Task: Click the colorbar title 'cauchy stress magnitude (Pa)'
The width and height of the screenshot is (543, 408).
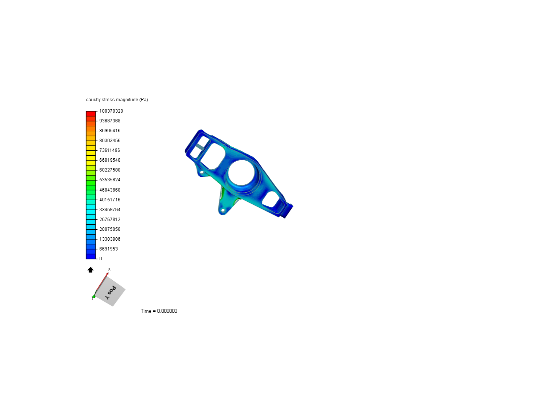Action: [117, 100]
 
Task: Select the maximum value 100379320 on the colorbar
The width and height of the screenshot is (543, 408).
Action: [111, 111]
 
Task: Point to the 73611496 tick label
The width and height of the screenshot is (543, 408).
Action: [109, 150]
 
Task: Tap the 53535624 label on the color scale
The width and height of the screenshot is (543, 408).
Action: [110, 180]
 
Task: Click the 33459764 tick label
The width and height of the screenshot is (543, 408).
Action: [110, 210]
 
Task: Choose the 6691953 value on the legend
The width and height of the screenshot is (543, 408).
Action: [109, 249]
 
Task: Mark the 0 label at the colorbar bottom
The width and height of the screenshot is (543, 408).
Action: [101, 259]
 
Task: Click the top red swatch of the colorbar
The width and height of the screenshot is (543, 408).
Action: [91, 114]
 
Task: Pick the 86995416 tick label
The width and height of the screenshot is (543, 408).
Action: [110, 131]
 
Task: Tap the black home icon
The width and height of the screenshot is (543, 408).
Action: [90, 270]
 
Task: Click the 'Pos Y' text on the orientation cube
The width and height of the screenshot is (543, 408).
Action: [110, 292]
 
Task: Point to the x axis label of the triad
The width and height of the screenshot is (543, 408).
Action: [109, 269]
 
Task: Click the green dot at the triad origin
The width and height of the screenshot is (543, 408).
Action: [94, 297]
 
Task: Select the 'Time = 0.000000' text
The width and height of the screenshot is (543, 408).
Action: [159, 311]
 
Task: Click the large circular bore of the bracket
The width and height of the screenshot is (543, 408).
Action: [242, 173]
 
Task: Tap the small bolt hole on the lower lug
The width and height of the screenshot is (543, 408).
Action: [223, 210]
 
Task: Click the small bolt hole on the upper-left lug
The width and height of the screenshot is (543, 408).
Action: [202, 172]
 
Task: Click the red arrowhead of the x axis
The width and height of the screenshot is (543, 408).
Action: [107, 274]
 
